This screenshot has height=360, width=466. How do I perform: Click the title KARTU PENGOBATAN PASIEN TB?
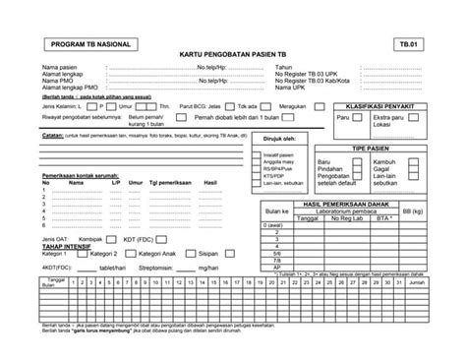click(x=233, y=57)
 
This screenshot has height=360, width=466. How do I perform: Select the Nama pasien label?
click(x=60, y=68)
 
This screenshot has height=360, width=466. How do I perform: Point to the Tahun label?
click(x=285, y=68)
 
